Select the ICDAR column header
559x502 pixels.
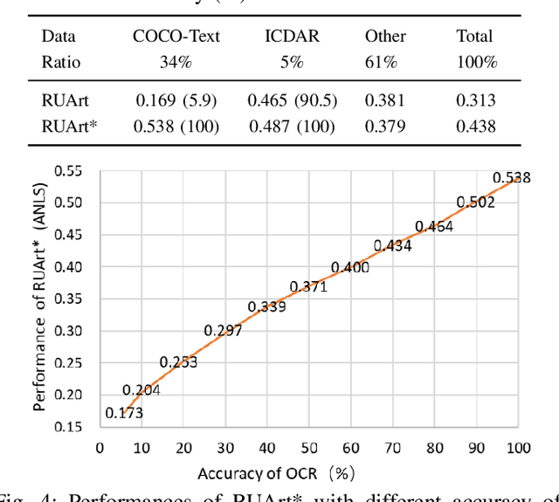[x=291, y=37]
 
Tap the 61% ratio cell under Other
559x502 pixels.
[x=384, y=62]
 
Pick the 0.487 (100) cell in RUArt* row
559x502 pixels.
[x=292, y=127]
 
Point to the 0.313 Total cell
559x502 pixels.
[x=476, y=100]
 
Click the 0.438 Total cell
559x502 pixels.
[x=476, y=127]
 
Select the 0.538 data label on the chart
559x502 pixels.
[x=512, y=178]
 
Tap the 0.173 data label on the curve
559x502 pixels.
[x=123, y=412]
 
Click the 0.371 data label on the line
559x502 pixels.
[x=308, y=286]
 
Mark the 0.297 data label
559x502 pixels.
[x=224, y=330]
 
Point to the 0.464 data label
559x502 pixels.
[x=434, y=226]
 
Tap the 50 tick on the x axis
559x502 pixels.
[x=308, y=448]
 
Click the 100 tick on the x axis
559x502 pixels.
[x=518, y=448]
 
